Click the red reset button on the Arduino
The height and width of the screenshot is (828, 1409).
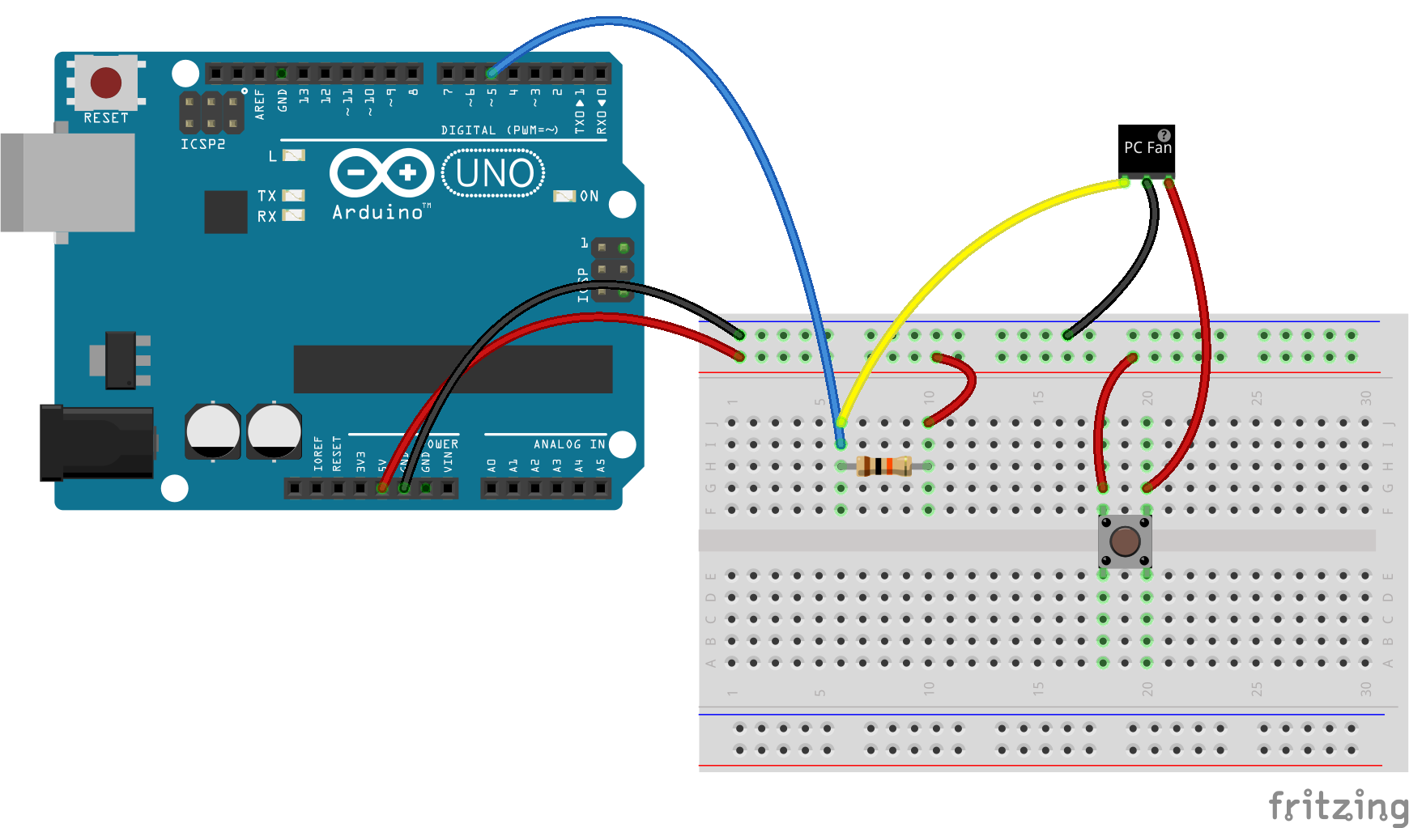click(x=106, y=82)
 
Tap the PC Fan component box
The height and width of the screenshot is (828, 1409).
click(x=1146, y=151)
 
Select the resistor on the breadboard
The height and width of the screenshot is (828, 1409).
click(x=883, y=466)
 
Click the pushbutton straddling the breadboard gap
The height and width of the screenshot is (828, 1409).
click(x=1125, y=541)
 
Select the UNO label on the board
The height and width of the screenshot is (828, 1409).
click(x=494, y=173)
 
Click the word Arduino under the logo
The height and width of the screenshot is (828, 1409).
click(x=378, y=212)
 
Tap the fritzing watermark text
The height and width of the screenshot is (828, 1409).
click(x=1338, y=806)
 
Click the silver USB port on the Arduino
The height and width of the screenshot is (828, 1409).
click(x=68, y=183)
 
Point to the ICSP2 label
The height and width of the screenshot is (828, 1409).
click(x=202, y=144)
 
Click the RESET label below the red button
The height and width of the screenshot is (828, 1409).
click(x=106, y=118)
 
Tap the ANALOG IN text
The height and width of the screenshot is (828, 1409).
click(x=568, y=444)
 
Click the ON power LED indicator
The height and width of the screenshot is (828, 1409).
click(x=564, y=196)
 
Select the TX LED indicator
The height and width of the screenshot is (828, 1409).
click(x=293, y=196)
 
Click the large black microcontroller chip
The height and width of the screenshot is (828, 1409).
click(x=453, y=369)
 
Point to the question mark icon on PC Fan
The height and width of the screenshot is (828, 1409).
click(x=1164, y=135)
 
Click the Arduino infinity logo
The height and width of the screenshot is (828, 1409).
click(x=381, y=172)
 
